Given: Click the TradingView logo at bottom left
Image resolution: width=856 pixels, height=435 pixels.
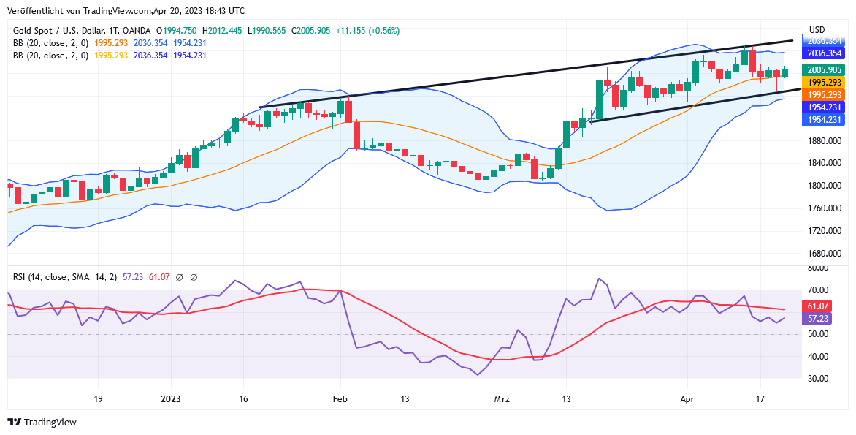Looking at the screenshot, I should (42, 422).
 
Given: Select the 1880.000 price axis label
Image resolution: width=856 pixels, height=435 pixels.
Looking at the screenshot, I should (824, 141).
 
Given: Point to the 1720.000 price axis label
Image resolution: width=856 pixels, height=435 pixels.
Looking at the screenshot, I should (824, 231).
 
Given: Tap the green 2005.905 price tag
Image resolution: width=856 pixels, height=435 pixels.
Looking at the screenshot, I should (825, 70).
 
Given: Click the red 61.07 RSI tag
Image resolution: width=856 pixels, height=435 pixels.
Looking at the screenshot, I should (817, 306).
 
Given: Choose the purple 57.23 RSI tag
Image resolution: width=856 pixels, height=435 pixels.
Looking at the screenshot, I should (817, 319).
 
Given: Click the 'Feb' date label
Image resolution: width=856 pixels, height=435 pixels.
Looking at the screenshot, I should (339, 399).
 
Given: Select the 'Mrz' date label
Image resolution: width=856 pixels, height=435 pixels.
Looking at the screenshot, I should (501, 399).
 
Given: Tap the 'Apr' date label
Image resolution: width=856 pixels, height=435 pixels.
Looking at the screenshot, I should (687, 399).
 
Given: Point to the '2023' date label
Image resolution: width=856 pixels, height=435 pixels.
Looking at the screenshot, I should (170, 399).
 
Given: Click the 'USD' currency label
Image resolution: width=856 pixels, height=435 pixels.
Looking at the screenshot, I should (817, 30).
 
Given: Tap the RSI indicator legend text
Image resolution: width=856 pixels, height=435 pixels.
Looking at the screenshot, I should (64, 277).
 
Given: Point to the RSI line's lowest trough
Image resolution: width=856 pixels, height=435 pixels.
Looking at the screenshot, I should (478, 375).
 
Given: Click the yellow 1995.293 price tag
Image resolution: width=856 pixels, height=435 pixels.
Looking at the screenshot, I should (825, 83).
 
